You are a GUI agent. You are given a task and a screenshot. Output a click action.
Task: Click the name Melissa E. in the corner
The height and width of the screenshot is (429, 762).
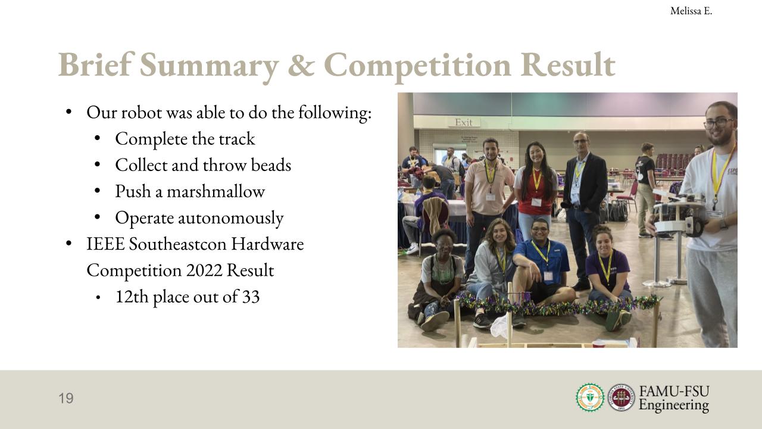click(x=691, y=11)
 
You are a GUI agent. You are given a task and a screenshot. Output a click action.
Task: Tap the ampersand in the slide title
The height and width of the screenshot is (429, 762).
click(x=301, y=65)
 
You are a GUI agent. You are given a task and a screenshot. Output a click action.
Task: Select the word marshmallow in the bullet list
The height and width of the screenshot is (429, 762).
click(x=216, y=191)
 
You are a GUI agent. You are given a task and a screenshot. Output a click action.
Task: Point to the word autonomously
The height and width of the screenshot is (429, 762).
click(x=230, y=218)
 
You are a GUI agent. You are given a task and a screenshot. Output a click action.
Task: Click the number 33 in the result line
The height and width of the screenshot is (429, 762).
click(x=251, y=297)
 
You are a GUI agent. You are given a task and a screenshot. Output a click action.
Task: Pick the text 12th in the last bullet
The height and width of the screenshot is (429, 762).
click(x=132, y=297)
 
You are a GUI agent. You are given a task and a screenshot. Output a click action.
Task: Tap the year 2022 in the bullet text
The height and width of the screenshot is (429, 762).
click(x=204, y=271)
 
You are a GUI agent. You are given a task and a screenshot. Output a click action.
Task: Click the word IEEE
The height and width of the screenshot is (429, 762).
click(x=105, y=244)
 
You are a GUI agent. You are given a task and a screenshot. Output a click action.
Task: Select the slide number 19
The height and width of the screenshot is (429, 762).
click(x=66, y=399)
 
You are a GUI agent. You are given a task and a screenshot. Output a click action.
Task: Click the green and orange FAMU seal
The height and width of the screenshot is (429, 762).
click(x=590, y=397)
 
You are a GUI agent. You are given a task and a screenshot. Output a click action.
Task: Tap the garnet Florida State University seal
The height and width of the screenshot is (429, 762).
click(x=621, y=397)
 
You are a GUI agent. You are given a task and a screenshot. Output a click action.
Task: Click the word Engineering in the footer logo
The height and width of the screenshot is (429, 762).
click(x=674, y=406)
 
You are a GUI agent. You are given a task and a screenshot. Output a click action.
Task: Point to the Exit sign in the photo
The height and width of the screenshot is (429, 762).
click(x=464, y=122)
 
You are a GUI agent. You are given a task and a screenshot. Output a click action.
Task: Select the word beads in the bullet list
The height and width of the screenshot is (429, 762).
click(x=271, y=165)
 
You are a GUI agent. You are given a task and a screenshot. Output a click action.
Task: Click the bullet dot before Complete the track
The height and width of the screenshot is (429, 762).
click(x=97, y=138)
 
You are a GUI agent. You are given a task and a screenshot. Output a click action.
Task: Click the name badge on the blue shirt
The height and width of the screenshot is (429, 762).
click(x=548, y=276)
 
